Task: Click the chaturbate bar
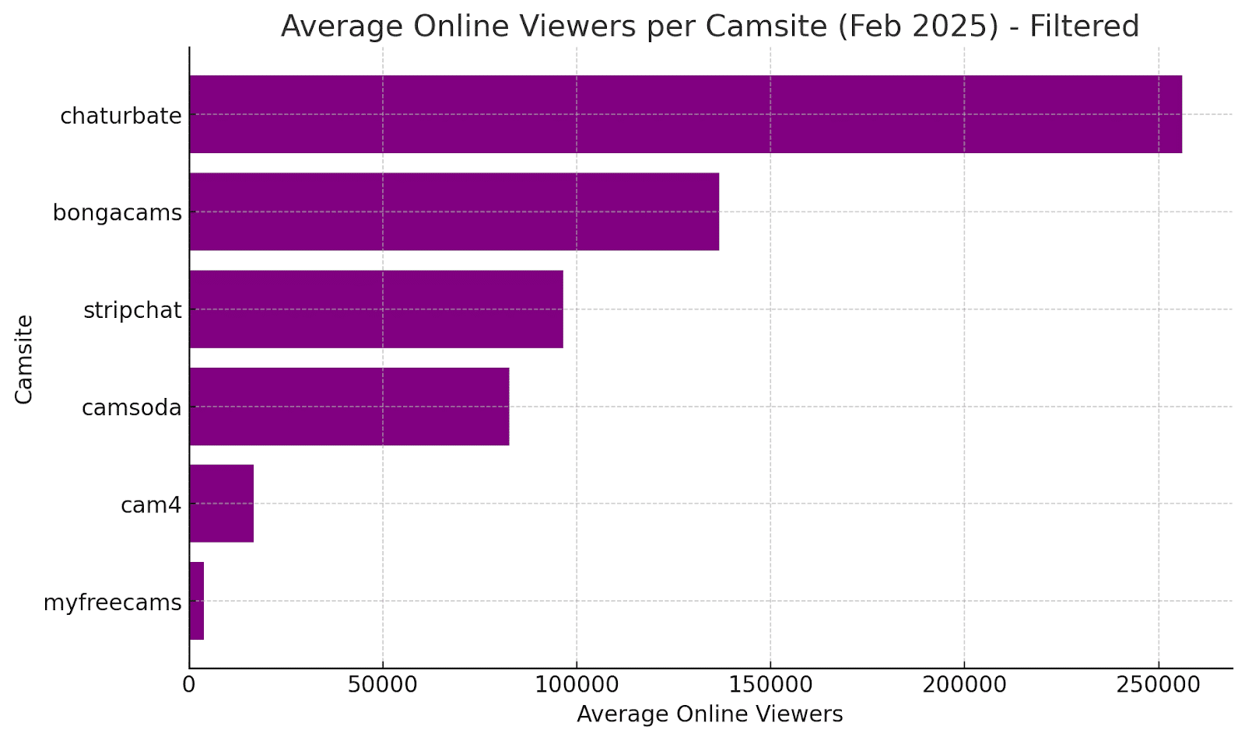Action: click(685, 114)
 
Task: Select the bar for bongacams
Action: click(454, 211)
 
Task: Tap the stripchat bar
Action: click(376, 309)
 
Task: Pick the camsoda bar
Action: click(349, 407)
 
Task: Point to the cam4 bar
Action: click(221, 504)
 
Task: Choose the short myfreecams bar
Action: click(196, 601)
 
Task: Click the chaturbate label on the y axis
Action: click(121, 116)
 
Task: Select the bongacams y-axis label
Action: click(117, 213)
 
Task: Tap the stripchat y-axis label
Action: click(132, 310)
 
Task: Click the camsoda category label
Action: click(132, 407)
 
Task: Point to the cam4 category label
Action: click(151, 505)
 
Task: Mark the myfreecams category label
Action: click(112, 602)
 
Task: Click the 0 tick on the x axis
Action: click(189, 685)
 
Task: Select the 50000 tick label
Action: click(383, 685)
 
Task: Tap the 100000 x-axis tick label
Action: click(577, 685)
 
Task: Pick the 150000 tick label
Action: click(770, 685)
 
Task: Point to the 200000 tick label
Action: click(964, 685)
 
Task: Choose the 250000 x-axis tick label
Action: click(1158, 685)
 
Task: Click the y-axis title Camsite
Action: click(24, 359)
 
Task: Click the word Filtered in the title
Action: click(1084, 26)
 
